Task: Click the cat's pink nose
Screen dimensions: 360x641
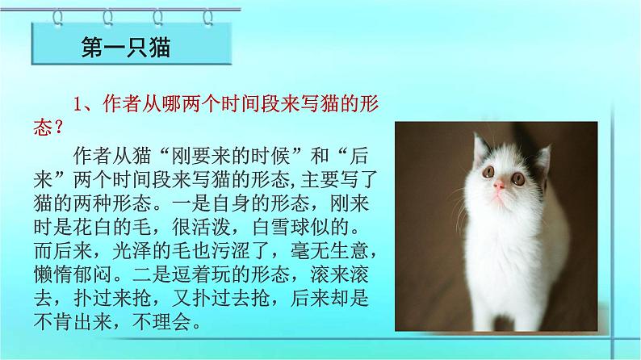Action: [x=500, y=185]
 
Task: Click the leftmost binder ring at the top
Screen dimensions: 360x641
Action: [x=58, y=15]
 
